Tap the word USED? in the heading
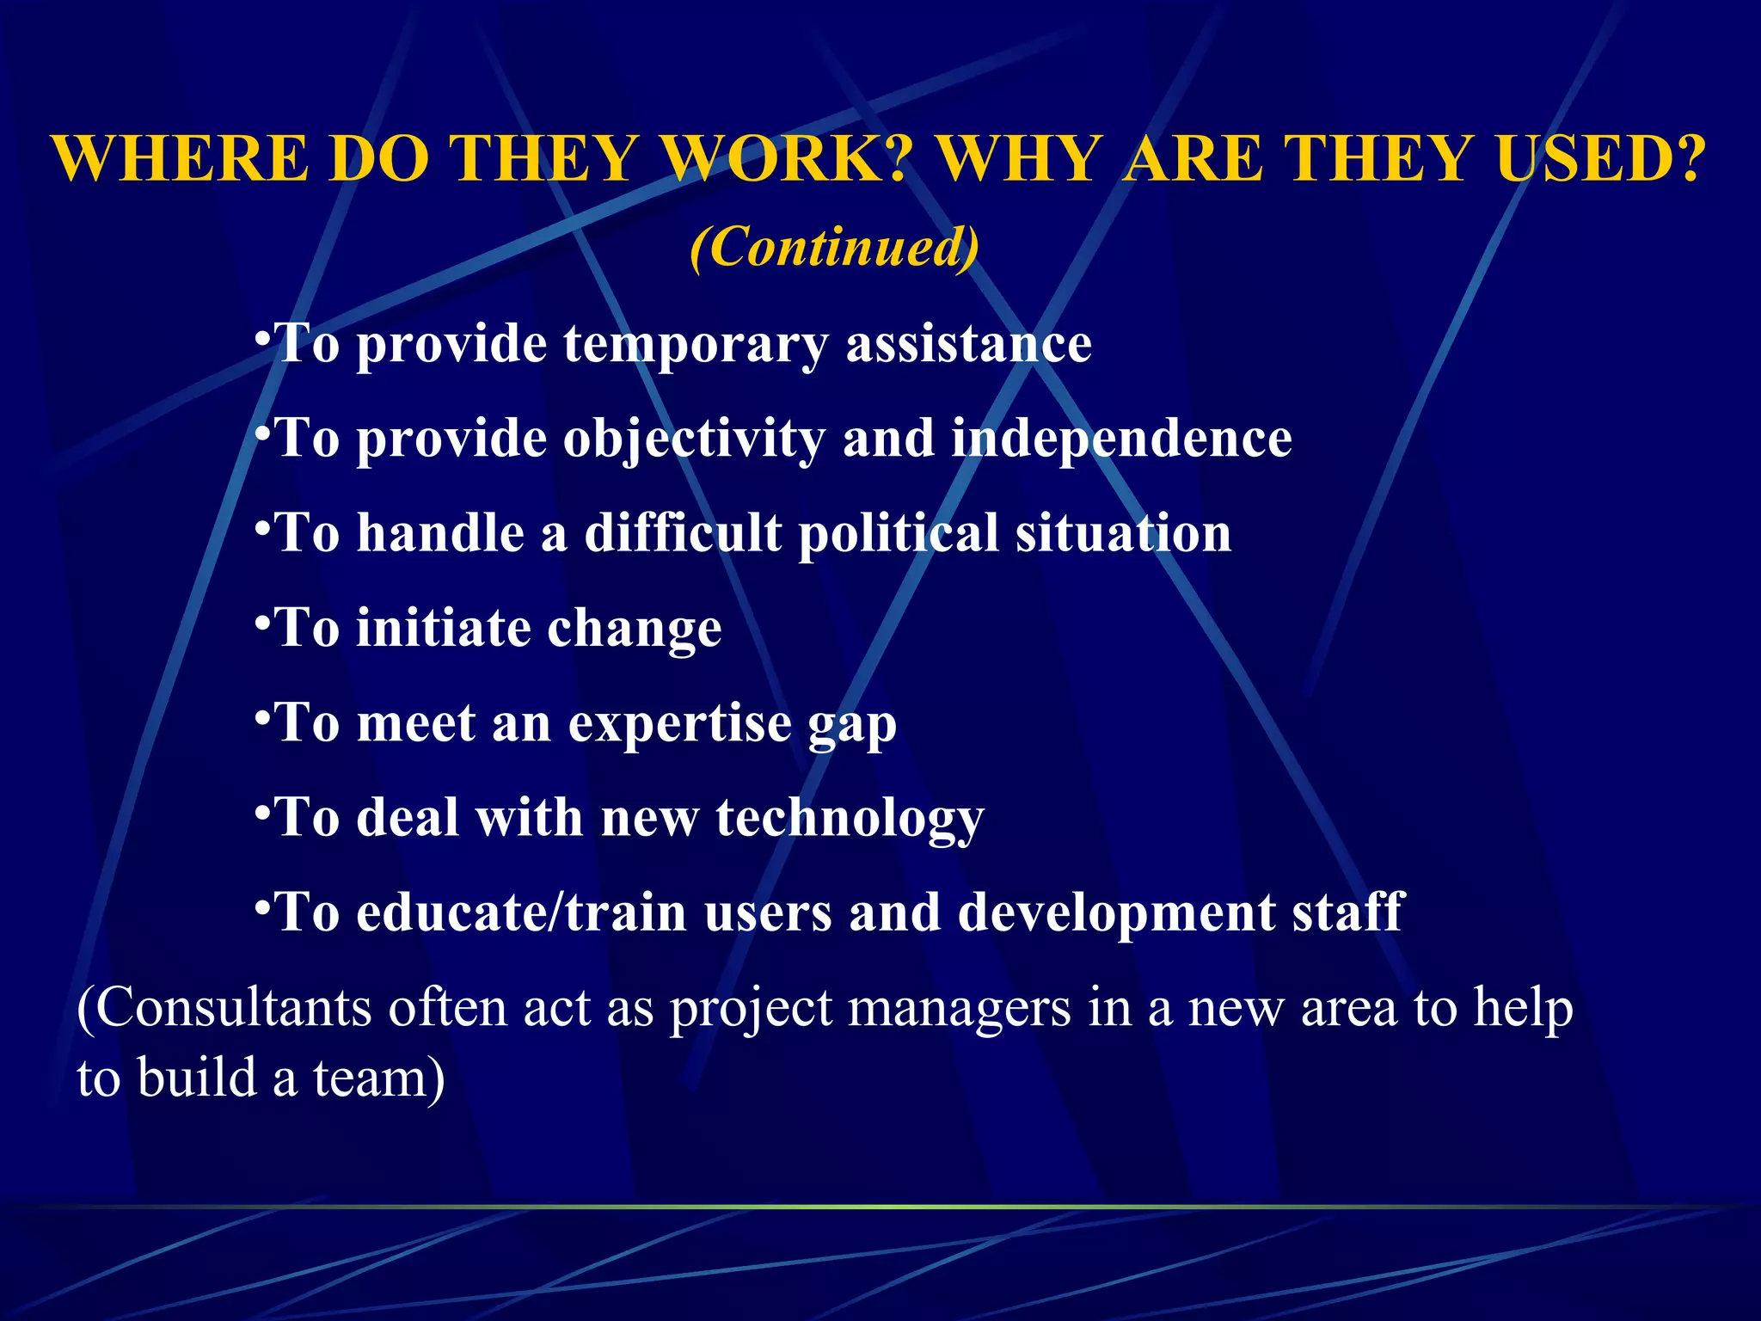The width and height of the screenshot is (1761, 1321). [1600, 160]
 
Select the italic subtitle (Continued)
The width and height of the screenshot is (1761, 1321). [834, 248]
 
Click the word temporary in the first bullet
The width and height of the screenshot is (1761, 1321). [696, 346]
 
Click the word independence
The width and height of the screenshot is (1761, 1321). [1121, 440]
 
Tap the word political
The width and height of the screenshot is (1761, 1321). [898, 535]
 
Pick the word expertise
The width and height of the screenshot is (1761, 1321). [679, 724]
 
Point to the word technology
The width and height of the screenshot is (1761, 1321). [850, 819]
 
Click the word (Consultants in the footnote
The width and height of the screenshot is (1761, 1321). [224, 1008]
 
